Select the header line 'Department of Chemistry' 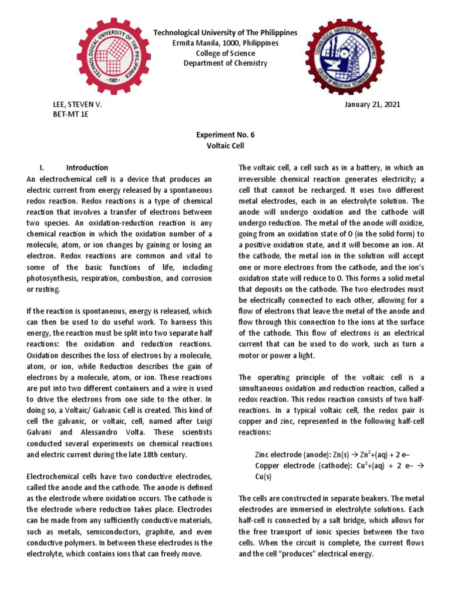(225, 63)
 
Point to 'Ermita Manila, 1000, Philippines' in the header (225, 44)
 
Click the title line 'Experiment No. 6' (225, 134)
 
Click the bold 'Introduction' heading (87, 168)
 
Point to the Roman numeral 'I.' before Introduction (56, 168)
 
